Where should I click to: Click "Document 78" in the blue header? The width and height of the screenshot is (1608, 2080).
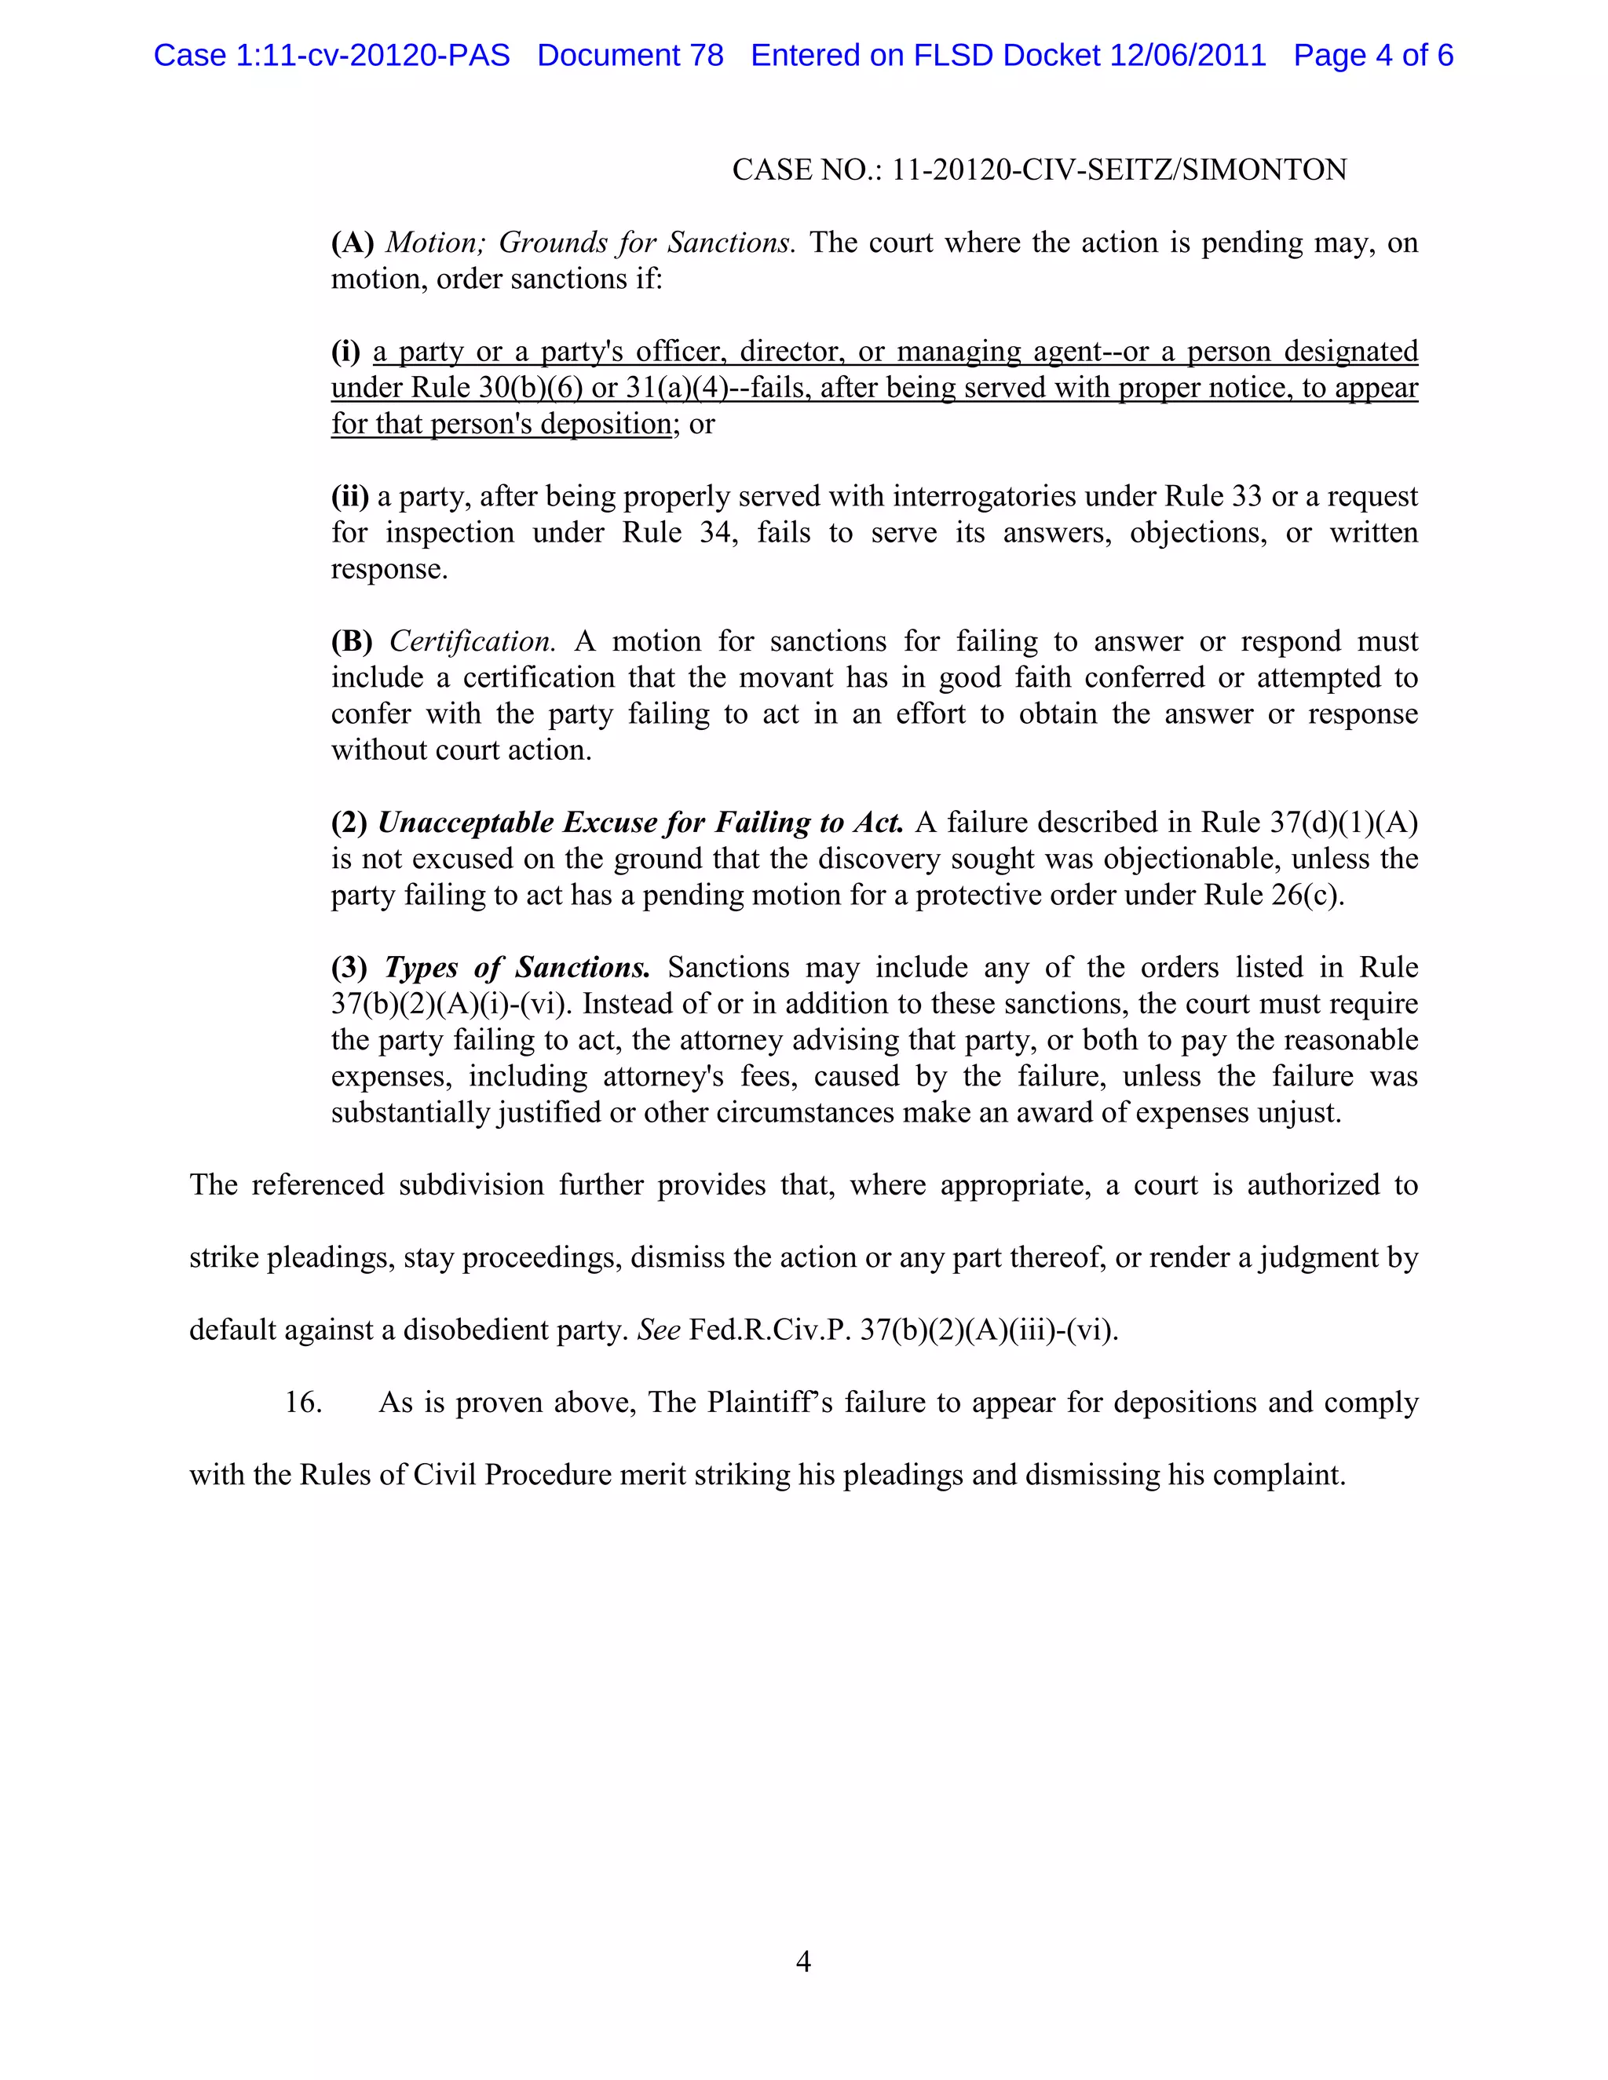[630, 55]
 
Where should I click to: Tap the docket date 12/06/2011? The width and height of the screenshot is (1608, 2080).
[1188, 55]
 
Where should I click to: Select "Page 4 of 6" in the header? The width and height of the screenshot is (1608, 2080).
[1372, 55]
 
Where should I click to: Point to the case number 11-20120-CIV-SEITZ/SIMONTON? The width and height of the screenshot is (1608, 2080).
[1118, 170]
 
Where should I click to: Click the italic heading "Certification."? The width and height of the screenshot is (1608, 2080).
[473, 641]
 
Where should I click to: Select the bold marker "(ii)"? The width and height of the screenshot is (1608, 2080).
[349, 496]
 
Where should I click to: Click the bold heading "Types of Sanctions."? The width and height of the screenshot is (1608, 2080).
[517, 968]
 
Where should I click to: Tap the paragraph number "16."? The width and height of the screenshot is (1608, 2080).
[303, 1402]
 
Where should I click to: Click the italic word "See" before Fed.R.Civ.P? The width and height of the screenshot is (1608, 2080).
[658, 1330]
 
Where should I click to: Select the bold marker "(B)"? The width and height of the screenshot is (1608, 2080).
[352, 641]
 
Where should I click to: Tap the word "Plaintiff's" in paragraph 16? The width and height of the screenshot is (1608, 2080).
[771, 1402]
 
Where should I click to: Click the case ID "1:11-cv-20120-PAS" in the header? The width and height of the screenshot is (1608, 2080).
[372, 55]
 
